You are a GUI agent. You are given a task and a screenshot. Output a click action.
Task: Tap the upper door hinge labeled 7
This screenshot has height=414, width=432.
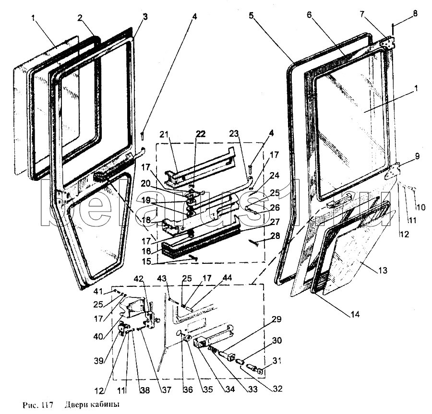click(x=387, y=42)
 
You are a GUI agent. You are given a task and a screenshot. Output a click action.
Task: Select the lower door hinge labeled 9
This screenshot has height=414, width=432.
click(x=393, y=171)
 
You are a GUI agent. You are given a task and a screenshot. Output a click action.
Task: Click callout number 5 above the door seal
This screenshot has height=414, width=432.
click(x=251, y=15)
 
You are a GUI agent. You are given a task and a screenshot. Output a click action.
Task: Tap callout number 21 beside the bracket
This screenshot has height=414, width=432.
click(x=163, y=135)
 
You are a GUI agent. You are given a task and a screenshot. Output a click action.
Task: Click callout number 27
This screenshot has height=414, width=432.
click(x=260, y=222)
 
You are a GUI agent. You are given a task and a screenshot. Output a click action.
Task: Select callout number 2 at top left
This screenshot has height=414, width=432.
click(x=80, y=18)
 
